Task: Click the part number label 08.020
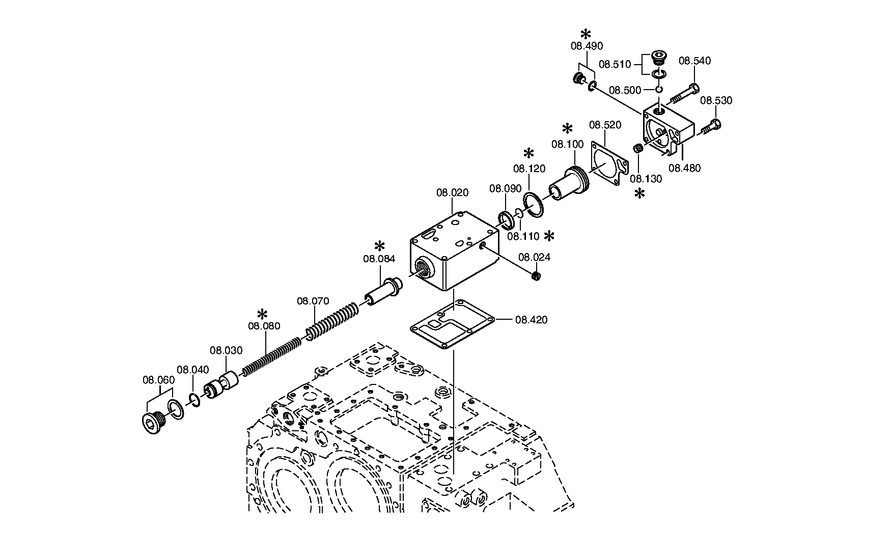point(452,192)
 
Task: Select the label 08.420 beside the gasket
point(532,320)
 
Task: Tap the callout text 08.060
point(158,379)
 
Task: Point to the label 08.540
point(694,61)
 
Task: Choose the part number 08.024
point(534,257)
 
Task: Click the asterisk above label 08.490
point(586,34)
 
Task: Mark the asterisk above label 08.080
point(262,314)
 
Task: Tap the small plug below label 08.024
point(535,276)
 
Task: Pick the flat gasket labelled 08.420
point(452,325)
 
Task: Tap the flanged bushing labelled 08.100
point(569,184)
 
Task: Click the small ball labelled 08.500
point(658,90)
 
